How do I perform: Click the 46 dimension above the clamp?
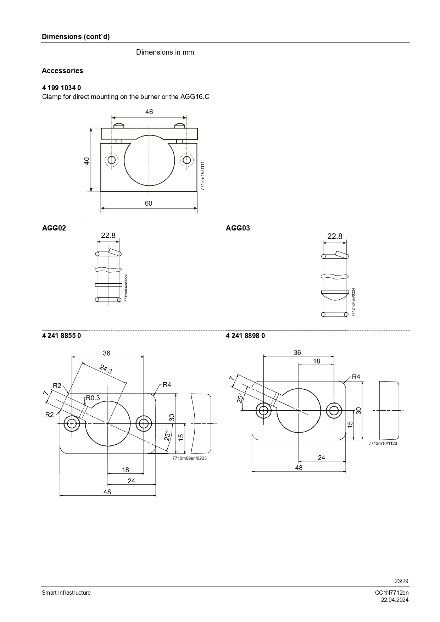click(149, 112)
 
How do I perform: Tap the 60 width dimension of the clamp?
click(149, 203)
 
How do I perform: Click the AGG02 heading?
click(54, 228)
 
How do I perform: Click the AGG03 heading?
click(238, 228)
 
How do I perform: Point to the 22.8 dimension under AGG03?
click(335, 236)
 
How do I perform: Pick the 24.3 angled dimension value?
click(106, 370)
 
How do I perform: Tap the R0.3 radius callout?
click(93, 398)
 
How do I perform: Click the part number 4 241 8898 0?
click(245, 335)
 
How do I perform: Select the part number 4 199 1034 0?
click(61, 88)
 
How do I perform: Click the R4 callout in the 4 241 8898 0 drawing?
click(356, 377)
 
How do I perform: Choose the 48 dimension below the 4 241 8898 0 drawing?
click(299, 468)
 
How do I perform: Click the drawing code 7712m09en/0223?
click(189, 458)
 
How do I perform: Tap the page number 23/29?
click(401, 581)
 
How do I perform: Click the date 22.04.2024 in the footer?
click(395, 600)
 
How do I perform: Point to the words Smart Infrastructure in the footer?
click(66, 593)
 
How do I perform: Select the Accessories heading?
click(62, 71)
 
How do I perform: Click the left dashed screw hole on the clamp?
click(112, 160)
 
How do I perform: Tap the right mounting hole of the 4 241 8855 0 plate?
click(144, 423)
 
